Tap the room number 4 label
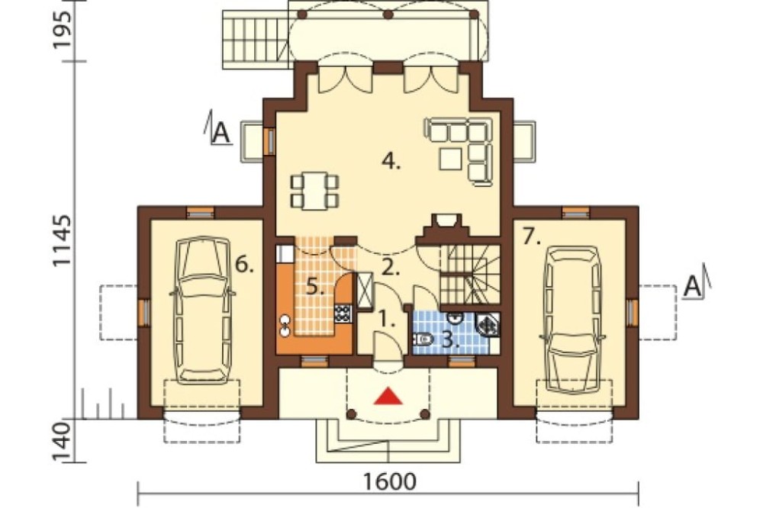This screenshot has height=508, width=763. (391, 161)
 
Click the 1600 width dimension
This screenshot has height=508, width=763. (390, 482)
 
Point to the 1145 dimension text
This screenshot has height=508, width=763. (63, 240)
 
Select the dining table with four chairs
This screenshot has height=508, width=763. (314, 191)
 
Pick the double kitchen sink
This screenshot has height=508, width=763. (285, 326)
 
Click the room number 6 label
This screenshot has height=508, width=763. (244, 265)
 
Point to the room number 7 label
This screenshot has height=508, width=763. (531, 237)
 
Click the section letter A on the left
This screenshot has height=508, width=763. (221, 133)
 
